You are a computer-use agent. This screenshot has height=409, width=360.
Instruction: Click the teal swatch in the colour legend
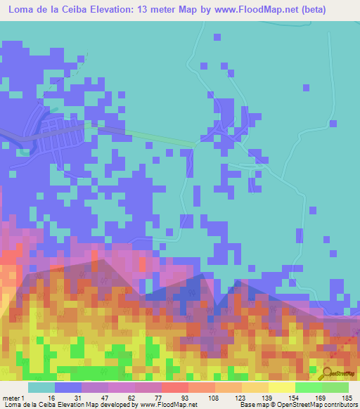pyautogui.click(x=41, y=388)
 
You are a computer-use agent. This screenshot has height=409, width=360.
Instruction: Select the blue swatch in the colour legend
pyautogui.click(x=68, y=388)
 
